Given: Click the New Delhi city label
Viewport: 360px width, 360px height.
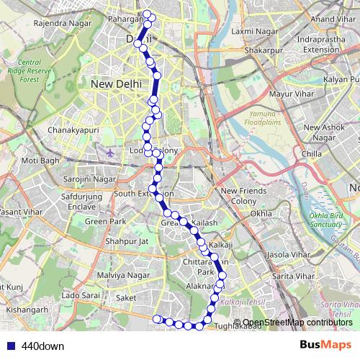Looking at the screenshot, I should pyautogui.click(x=115, y=84).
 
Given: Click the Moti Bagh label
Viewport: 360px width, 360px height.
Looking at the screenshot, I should pyautogui.click(x=40, y=160).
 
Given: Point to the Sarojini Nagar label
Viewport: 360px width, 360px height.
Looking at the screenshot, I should pyautogui.click(x=89, y=178).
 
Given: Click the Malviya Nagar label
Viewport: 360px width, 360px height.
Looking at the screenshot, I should pyautogui.click(x=123, y=275).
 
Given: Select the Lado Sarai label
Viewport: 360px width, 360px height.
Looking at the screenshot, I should pyautogui.click(x=80, y=296).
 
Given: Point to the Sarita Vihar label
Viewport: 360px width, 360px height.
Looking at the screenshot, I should pyautogui.click(x=292, y=276).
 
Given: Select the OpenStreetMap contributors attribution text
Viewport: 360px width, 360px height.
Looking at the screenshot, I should pyautogui.click(x=297, y=323).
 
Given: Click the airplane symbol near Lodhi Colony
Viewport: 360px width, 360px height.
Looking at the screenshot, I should pyautogui.click(x=109, y=152).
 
